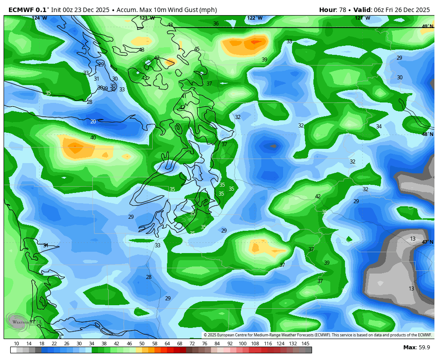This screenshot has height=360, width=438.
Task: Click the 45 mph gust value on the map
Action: (197, 49)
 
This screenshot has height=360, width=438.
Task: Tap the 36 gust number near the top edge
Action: (216, 24)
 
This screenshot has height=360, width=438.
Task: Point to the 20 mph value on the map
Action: (93, 122)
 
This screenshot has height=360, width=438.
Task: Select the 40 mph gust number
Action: (93, 138)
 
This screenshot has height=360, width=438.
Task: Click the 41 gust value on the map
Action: (184, 96)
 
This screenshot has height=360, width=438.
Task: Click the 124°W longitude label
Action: (39, 18)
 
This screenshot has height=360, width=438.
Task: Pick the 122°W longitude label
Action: (255, 18)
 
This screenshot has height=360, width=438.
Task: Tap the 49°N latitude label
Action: (427, 26)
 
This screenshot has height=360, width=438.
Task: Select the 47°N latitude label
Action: (427, 242)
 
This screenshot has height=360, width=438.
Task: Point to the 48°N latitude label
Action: (427, 134)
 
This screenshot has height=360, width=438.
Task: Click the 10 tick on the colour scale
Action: (16, 344)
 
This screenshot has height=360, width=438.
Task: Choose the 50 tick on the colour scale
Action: (142, 344)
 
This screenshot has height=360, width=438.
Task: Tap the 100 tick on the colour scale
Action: (243, 344)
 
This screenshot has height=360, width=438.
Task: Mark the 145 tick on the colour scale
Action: (305, 344)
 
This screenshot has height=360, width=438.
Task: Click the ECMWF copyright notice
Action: (317, 335)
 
